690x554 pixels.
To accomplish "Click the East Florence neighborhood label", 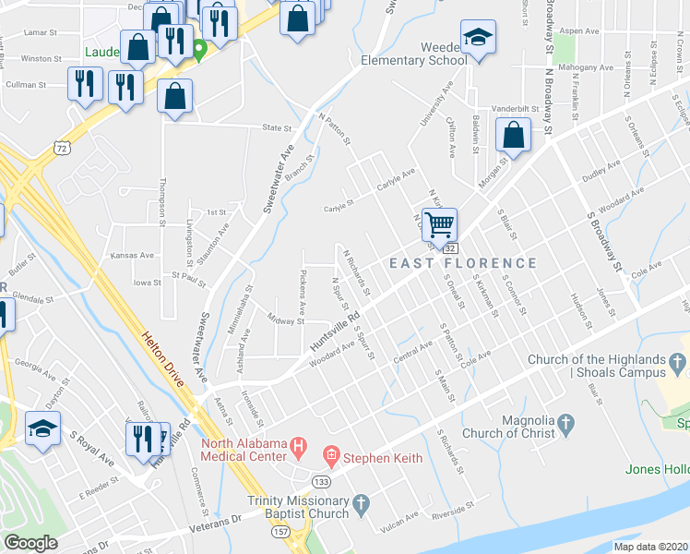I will tap(462, 263).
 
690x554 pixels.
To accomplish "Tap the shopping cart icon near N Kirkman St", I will tap(441, 223).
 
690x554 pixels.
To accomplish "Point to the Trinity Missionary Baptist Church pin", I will tap(362, 505).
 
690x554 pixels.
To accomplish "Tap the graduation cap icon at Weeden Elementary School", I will tap(478, 38).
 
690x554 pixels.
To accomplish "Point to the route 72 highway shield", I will tap(61, 148).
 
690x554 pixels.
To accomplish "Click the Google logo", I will tap(30, 543).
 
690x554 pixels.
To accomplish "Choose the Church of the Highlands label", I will tap(597, 366).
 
